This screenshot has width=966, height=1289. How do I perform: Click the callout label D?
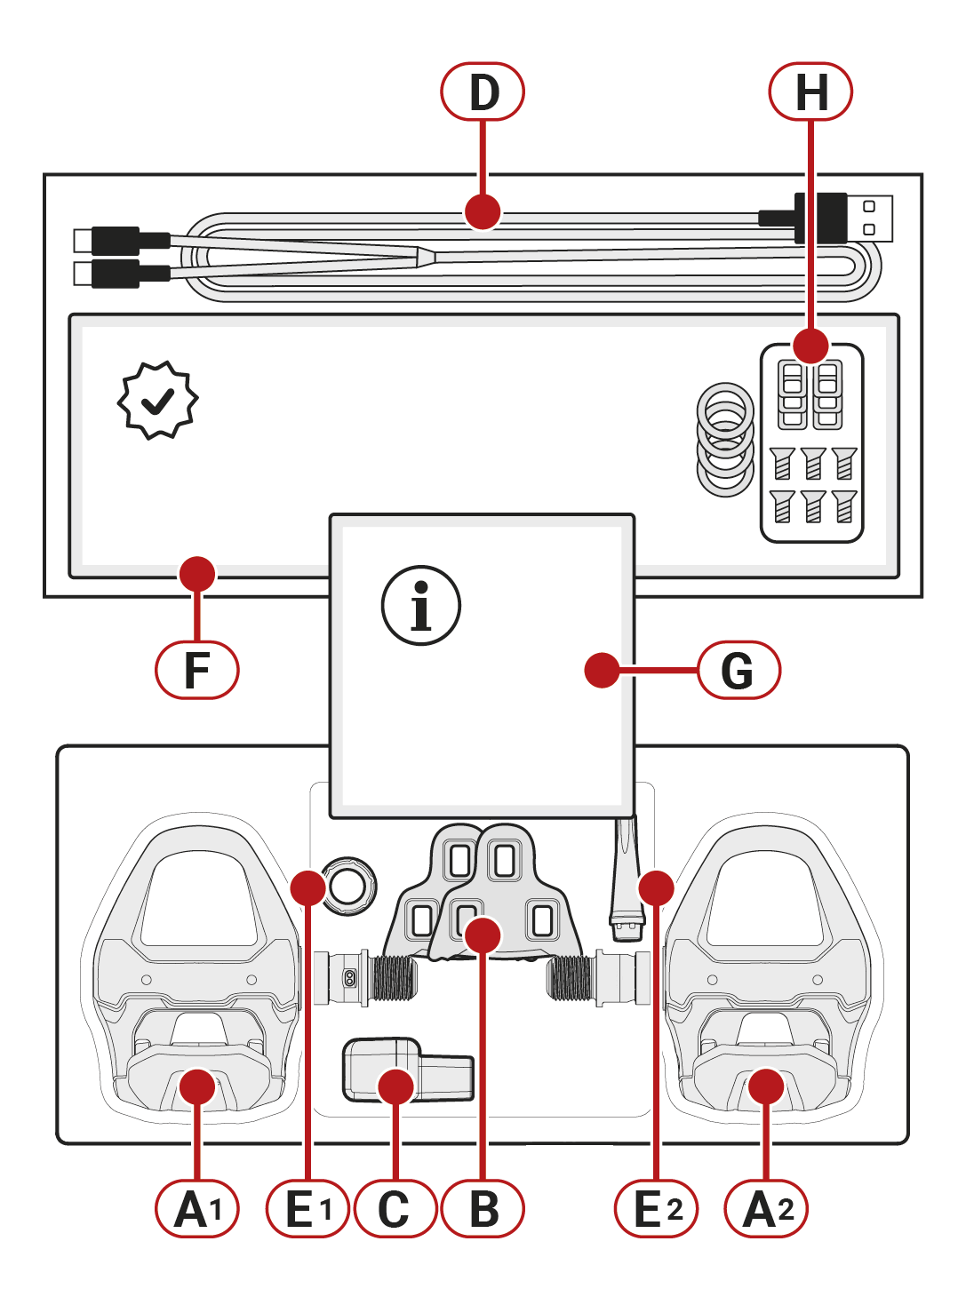pyautogui.click(x=483, y=92)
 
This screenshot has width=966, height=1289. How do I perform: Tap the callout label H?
pyautogui.click(x=810, y=92)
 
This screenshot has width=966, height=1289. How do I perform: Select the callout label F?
pyautogui.click(x=196, y=670)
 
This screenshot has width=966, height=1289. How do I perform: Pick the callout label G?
pyautogui.click(x=738, y=670)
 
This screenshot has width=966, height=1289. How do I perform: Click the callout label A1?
pyautogui.click(x=196, y=1209)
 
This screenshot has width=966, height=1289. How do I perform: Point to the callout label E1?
pyautogui.click(x=307, y=1209)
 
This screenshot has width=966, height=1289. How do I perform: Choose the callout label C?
pyautogui.click(x=395, y=1209)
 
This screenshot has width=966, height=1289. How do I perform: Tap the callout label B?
pyautogui.click(x=483, y=1209)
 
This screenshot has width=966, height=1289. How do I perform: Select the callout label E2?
pyautogui.click(x=657, y=1209)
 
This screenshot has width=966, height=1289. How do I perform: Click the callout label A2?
pyautogui.click(x=766, y=1209)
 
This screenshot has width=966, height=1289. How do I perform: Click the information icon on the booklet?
pyautogui.click(x=421, y=606)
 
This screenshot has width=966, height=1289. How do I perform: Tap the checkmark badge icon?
pyautogui.click(x=158, y=401)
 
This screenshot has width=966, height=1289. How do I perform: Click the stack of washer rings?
pyautogui.click(x=725, y=439)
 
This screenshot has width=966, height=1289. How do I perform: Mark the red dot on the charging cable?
pyautogui.click(x=483, y=212)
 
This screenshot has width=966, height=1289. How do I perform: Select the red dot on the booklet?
pyautogui.click(x=602, y=670)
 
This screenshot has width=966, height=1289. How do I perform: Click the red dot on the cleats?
pyautogui.click(x=483, y=935)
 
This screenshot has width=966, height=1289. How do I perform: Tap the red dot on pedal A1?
pyautogui.click(x=196, y=1086)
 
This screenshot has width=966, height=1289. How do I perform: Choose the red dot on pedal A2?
pyautogui.click(x=766, y=1086)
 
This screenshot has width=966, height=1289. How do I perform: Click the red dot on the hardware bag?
pyautogui.click(x=810, y=346)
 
